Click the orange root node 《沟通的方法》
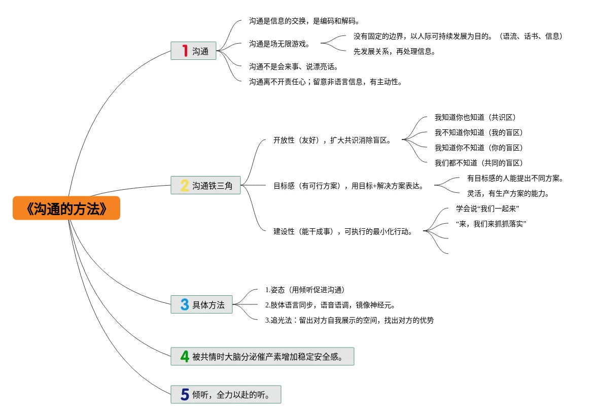(x=66, y=208)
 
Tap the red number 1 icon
(x=185, y=51)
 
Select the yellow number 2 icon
(x=185, y=186)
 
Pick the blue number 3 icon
(x=185, y=304)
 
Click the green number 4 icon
(x=185, y=357)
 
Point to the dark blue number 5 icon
(x=185, y=394)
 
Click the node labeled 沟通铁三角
(x=212, y=186)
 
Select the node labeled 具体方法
(x=208, y=305)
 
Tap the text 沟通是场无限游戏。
(x=279, y=44)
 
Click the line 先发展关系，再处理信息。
(x=395, y=51)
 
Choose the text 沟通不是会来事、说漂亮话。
(x=293, y=66)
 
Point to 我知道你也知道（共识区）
(x=475, y=117)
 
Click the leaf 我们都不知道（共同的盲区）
(x=478, y=163)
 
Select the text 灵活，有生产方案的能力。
(x=508, y=193)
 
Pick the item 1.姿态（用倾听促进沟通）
(x=305, y=290)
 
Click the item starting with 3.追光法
(x=349, y=320)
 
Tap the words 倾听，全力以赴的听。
(x=231, y=395)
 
